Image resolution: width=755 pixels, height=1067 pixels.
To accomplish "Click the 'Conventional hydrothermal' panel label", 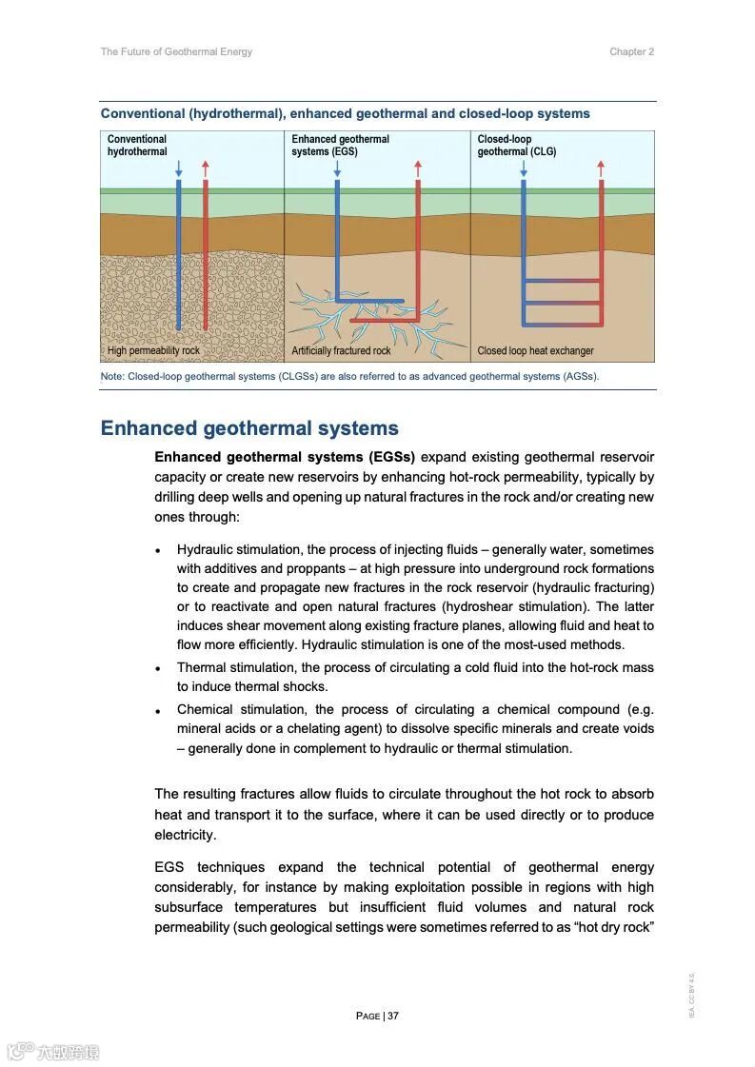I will (x=137, y=146).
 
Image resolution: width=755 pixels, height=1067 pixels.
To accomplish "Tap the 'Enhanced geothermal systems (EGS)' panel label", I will (x=340, y=146).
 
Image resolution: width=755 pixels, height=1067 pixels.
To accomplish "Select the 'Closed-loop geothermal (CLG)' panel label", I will (x=517, y=146).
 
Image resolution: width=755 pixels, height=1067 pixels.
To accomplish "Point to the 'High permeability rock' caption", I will (x=153, y=351).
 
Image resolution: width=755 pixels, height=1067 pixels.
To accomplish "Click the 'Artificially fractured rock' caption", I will (x=341, y=351).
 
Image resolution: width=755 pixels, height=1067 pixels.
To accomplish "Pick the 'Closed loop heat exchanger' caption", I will (x=535, y=351).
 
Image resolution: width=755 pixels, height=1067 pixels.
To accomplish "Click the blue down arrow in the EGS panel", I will (x=337, y=168).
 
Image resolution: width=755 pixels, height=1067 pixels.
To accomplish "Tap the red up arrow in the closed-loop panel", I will (x=601, y=168).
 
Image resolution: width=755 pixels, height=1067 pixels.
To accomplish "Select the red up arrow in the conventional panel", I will (x=206, y=168).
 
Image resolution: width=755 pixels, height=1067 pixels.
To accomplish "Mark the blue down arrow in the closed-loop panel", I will (x=524, y=168).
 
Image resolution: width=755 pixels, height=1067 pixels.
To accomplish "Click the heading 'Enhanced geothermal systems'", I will (x=249, y=428).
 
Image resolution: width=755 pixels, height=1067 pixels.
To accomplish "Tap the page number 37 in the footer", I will (x=393, y=1016).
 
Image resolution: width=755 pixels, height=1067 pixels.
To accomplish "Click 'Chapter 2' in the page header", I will (x=631, y=52).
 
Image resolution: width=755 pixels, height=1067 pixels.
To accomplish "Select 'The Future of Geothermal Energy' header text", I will (x=176, y=52).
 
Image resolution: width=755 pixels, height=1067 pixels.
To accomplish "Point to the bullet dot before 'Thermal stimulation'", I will (x=158, y=669).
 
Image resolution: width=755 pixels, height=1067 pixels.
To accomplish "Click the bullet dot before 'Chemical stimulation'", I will (x=158, y=711).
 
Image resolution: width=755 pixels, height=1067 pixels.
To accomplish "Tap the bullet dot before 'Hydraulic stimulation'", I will (x=158, y=551).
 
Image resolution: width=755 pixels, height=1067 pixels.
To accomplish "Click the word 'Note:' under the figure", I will (x=112, y=377).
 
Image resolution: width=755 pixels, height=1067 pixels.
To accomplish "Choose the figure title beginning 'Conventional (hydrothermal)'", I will (x=345, y=114).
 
